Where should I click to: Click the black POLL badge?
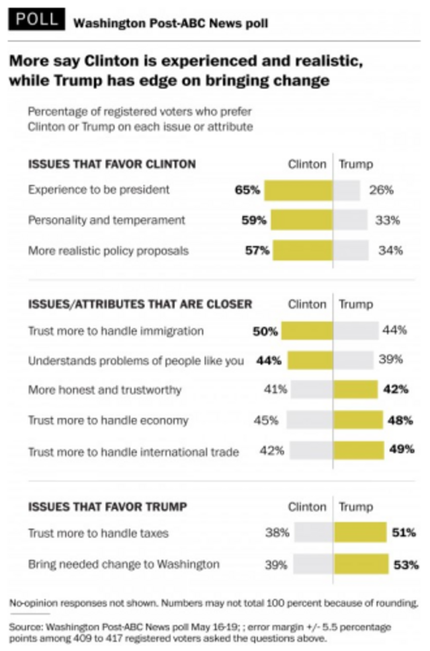(x=37, y=20)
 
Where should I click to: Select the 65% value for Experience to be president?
(x=247, y=190)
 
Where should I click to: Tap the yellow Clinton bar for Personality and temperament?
(x=301, y=220)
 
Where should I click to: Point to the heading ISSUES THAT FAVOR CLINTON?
(x=111, y=164)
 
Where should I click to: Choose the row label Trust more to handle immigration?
(x=116, y=330)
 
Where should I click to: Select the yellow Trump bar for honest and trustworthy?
(x=355, y=390)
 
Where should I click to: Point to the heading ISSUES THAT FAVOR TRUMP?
(x=107, y=507)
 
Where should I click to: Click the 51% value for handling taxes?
(x=404, y=533)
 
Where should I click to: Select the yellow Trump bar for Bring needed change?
(x=361, y=564)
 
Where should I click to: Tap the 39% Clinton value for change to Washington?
(x=276, y=564)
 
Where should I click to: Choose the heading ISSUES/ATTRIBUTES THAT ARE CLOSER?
(x=140, y=304)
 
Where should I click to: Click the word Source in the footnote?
(x=24, y=626)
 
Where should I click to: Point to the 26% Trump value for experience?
(x=381, y=190)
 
